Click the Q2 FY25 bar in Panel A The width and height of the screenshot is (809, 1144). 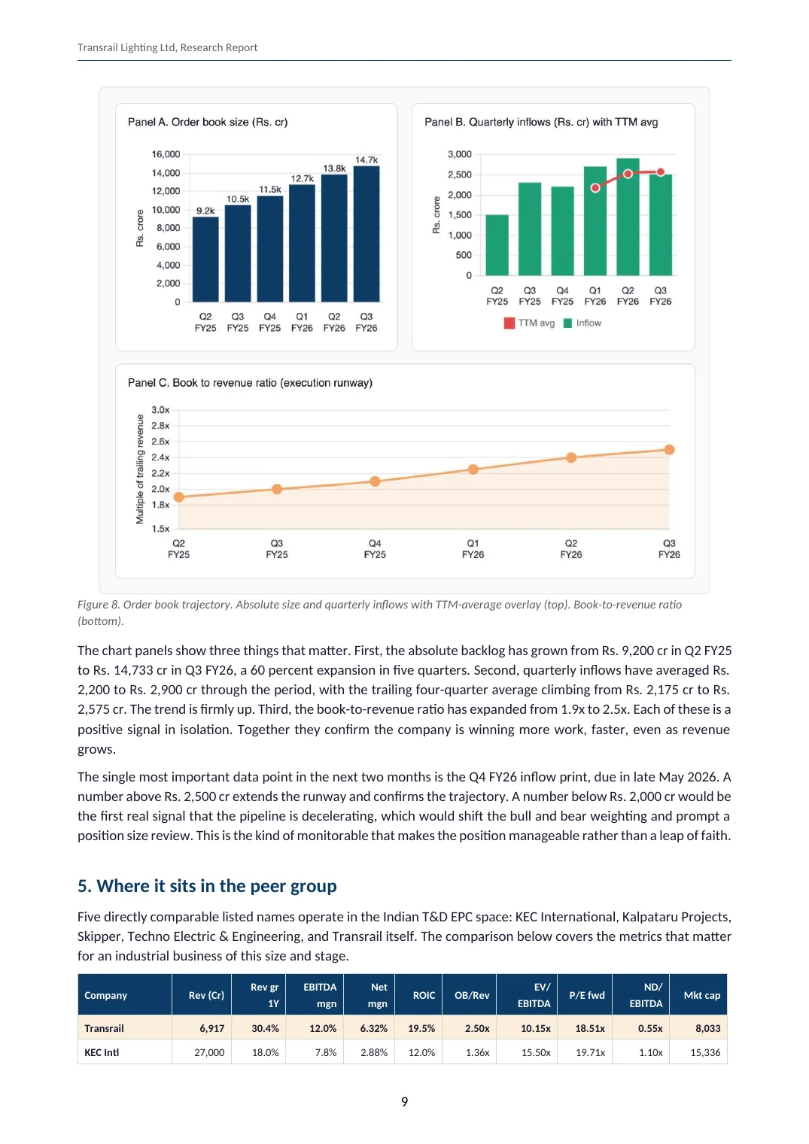[205, 259]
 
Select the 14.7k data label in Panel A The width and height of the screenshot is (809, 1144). [366, 160]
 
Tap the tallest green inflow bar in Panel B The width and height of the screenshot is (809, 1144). [628, 217]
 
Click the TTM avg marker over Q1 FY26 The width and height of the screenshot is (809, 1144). [595, 188]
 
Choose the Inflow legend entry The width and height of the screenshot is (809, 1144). [582, 323]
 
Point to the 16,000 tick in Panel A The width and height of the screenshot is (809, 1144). [166, 154]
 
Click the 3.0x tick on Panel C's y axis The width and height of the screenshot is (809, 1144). [160, 410]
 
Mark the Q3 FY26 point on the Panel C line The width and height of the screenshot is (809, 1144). [669, 450]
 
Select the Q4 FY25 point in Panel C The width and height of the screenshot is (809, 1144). [375, 481]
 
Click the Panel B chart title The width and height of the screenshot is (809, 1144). [540, 122]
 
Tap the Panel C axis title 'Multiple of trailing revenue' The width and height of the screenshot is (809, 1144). [139, 469]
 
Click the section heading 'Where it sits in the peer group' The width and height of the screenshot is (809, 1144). [207, 885]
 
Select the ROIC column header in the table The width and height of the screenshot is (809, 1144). [424, 995]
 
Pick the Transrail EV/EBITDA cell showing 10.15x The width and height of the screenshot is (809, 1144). [536, 1028]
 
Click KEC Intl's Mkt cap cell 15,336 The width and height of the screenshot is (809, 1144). [704, 1052]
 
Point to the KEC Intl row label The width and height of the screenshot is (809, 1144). [102, 1052]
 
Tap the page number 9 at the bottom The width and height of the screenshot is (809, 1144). [404, 1102]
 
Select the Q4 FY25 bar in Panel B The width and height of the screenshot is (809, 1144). [562, 232]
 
